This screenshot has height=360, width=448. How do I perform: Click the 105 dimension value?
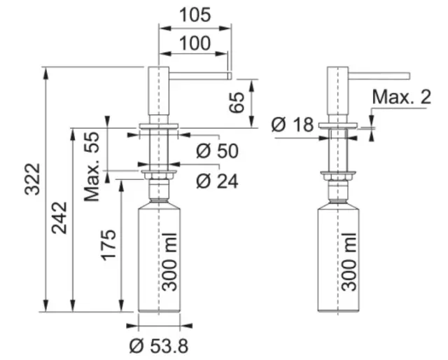195,15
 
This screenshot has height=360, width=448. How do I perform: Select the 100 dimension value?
195,43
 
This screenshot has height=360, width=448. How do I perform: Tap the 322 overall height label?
32,179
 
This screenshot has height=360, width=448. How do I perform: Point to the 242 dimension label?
59,219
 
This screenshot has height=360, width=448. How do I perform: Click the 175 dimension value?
109,245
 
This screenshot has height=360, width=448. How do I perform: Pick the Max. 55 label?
92,167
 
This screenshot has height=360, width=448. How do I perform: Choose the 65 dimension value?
237,102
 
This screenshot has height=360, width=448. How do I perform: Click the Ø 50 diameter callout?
217,151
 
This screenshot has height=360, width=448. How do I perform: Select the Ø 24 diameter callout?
217,181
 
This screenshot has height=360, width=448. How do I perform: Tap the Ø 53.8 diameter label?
159,346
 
